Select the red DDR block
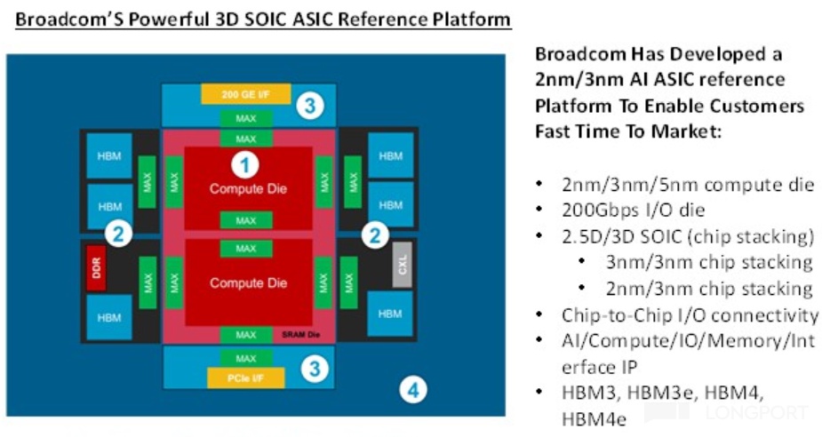coord(98,267)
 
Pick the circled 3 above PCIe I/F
coord(313,366)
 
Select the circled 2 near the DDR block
coord(118,234)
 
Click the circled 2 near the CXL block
coord(377,235)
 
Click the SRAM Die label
coord(301,335)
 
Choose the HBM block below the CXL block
coord(389,314)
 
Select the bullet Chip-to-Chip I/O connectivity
coord(690,314)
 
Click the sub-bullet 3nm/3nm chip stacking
coord(707,262)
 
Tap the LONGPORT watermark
coord(755,413)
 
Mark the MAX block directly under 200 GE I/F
coord(246,118)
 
